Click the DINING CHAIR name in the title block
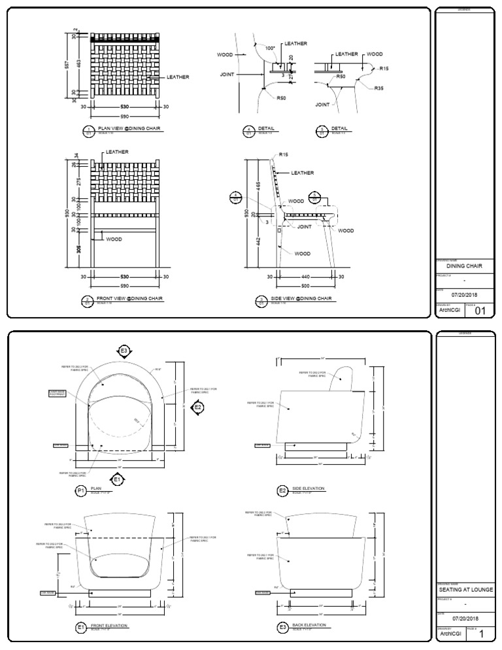[x=464, y=267]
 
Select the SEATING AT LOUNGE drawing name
[x=465, y=589]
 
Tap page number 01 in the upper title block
[x=480, y=311]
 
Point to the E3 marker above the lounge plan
[x=124, y=351]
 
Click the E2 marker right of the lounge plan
[x=198, y=407]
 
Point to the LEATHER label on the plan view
[x=178, y=77]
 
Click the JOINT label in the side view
[x=305, y=227]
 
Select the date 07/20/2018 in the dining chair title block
[x=465, y=295]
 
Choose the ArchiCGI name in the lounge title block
[x=452, y=634]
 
